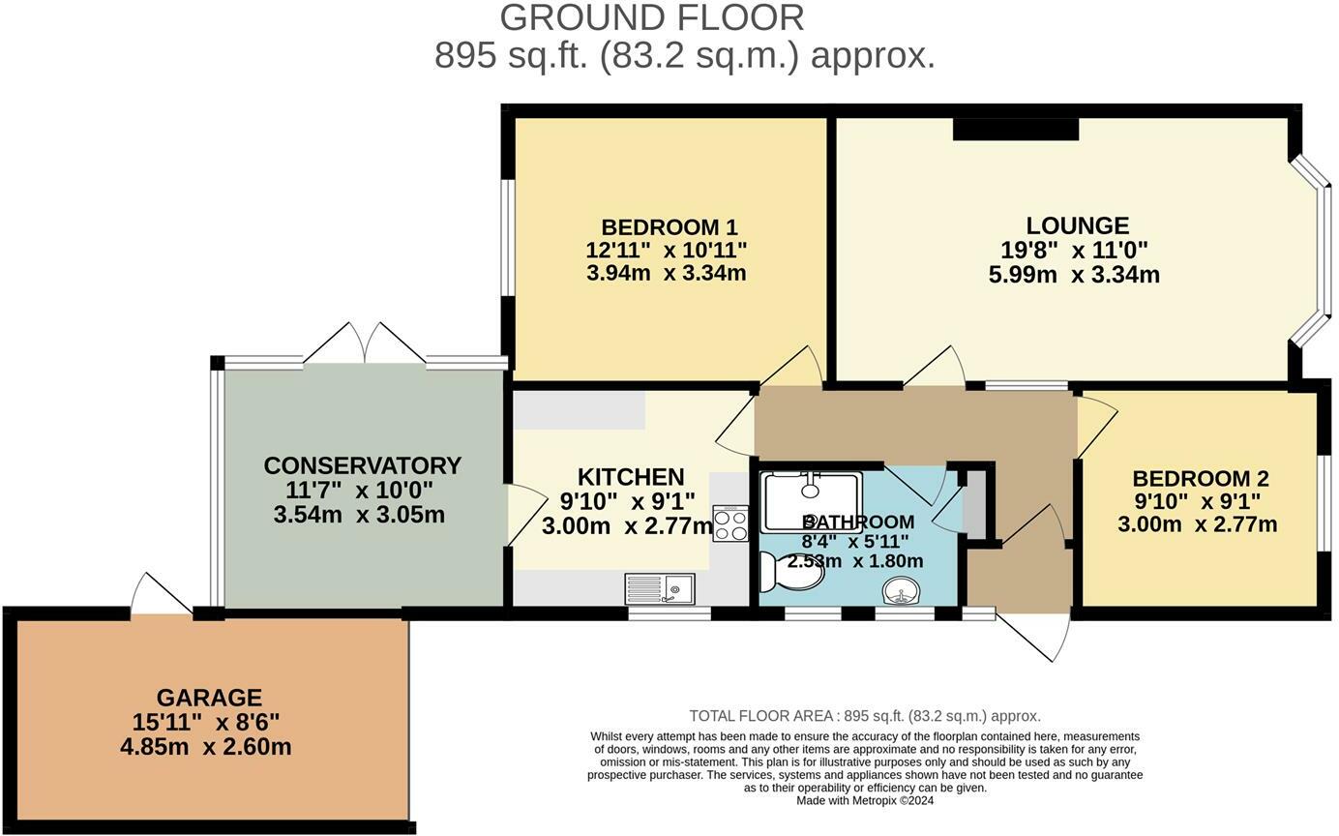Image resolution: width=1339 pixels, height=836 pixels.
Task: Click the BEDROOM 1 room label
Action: (x=669, y=227)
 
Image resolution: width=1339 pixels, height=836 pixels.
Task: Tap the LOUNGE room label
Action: (x=1078, y=225)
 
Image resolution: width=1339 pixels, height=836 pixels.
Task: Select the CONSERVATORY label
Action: (x=362, y=465)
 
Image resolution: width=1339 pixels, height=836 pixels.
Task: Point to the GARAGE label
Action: (x=209, y=698)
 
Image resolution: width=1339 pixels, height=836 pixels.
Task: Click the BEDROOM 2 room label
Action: (x=1201, y=478)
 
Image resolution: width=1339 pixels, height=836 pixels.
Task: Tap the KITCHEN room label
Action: (x=631, y=477)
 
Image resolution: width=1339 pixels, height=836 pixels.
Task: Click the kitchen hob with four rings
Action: (x=730, y=523)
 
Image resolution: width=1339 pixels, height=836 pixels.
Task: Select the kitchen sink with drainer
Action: (x=660, y=588)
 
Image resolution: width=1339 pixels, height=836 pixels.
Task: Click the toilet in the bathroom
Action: (x=792, y=571)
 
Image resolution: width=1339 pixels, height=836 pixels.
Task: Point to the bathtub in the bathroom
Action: (x=811, y=502)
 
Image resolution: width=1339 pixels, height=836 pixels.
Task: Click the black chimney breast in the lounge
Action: (x=1016, y=129)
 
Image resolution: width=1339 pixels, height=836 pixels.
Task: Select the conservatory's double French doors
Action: (x=365, y=343)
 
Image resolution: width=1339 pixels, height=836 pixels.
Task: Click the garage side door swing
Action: (x=162, y=593)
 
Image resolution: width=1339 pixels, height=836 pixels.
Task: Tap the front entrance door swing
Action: (x=1032, y=637)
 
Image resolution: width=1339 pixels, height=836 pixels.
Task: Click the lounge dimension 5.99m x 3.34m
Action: (x=1074, y=275)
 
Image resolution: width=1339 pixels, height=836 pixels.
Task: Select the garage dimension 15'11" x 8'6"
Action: (x=206, y=723)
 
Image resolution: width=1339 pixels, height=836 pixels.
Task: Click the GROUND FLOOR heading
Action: (x=651, y=18)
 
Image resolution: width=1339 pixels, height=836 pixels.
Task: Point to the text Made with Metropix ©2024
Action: (x=865, y=800)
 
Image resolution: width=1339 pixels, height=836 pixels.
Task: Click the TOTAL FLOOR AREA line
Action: (x=865, y=716)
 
